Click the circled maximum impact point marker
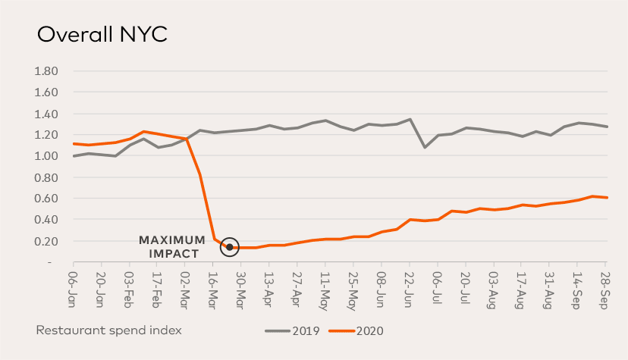[230, 247]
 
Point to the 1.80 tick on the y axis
[48, 71]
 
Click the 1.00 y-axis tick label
[48, 156]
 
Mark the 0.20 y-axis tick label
[48, 241]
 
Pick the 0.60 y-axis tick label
[48, 199]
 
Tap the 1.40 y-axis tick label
[48, 114]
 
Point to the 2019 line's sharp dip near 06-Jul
[424, 147]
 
